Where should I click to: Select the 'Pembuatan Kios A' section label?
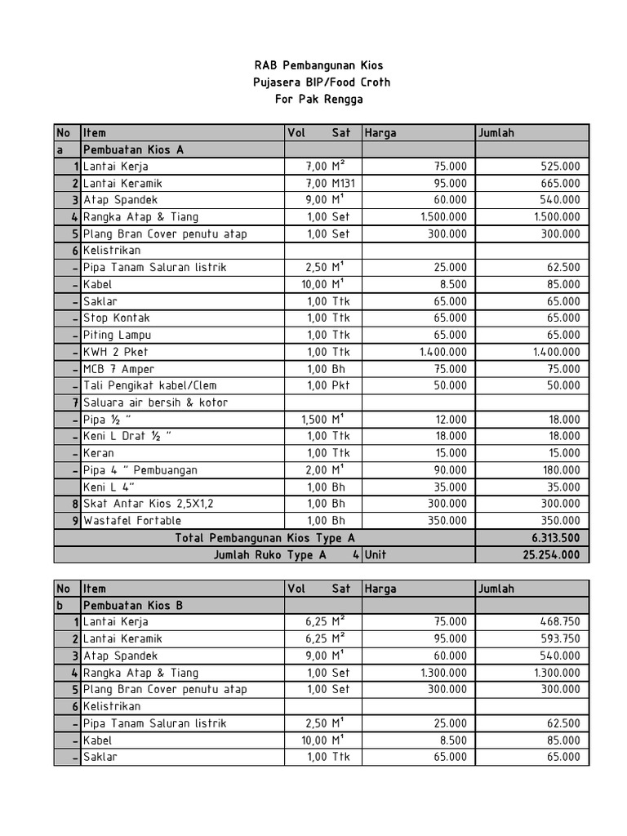click(133, 149)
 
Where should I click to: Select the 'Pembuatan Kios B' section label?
click(133, 605)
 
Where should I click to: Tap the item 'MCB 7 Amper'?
click(120, 369)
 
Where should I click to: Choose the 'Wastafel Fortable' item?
click(132, 521)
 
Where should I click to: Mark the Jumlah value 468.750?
click(559, 622)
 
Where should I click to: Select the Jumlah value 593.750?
click(559, 639)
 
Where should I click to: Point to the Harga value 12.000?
click(450, 420)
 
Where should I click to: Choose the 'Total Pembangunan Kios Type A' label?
click(265, 538)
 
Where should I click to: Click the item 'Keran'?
click(99, 453)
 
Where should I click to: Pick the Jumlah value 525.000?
click(559, 167)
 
